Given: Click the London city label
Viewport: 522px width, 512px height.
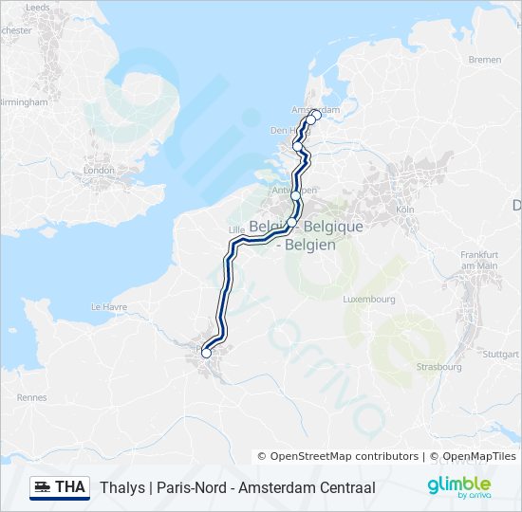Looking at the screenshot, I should tap(100, 171).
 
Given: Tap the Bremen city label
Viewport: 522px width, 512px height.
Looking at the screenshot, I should tap(484, 60).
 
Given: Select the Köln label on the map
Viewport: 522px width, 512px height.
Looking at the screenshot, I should tap(405, 209).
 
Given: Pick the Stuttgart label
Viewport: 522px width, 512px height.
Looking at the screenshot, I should tap(500, 354).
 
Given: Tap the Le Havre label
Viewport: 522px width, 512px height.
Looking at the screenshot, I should tap(108, 307).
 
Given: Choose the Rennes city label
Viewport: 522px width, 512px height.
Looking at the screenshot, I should tap(31, 397).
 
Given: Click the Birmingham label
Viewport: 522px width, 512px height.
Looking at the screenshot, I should tap(25, 101).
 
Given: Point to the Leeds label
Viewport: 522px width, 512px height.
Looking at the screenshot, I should tap(38, 7).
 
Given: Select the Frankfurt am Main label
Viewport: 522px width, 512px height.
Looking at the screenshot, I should tap(478, 260).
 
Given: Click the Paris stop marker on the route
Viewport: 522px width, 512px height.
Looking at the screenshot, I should tap(207, 354).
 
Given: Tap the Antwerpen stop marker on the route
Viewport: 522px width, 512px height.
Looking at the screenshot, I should tap(295, 195).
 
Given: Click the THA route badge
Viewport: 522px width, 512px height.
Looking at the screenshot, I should tap(60, 487).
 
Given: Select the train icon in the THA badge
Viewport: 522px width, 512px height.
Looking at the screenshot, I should tap(43, 487).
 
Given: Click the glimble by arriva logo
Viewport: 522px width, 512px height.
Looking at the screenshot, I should tap(458, 487).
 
